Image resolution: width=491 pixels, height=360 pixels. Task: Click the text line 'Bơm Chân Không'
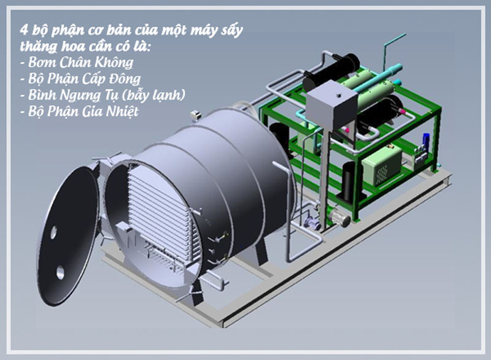(80, 62)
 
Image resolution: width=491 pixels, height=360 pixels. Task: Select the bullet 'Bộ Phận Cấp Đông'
(84, 79)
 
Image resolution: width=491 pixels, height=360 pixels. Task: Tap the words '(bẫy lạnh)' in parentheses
(153, 95)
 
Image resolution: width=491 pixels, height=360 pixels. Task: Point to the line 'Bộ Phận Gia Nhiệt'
(83, 112)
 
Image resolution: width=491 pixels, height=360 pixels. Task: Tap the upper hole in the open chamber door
(53, 232)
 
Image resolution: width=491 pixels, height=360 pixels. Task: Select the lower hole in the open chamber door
(60, 272)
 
